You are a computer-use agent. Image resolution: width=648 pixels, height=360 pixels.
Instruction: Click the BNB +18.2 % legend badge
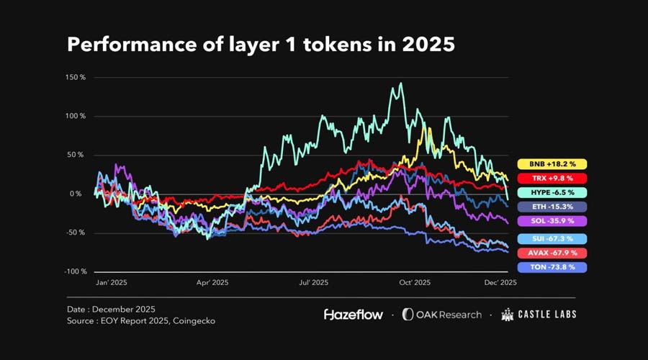[552, 163]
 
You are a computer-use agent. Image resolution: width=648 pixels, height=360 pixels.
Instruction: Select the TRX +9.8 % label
[552, 178]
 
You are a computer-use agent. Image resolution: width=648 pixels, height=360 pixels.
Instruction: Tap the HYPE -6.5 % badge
[552, 192]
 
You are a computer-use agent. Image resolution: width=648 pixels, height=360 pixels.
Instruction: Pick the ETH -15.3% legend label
[552, 207]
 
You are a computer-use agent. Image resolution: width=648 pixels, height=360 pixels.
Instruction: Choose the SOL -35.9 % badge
[552, 221]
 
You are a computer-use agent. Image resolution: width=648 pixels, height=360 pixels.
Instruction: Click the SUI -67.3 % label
[552, 238]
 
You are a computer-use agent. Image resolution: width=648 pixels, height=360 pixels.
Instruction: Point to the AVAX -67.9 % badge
[552, 253]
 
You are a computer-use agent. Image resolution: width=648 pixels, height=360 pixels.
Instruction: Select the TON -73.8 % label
[552, 267]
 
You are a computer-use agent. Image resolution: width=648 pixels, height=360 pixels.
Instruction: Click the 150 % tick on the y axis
[75, 77]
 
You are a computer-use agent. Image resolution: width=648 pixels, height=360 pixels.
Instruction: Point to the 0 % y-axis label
[78, 194]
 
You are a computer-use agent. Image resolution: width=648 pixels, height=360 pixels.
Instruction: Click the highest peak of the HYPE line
[400, 84]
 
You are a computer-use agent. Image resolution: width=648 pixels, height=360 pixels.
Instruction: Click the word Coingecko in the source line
[193, 321]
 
